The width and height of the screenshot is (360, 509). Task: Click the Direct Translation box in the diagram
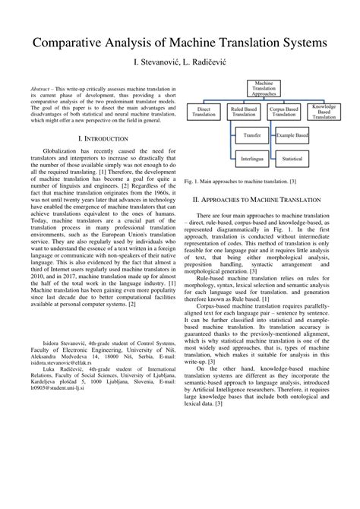204,112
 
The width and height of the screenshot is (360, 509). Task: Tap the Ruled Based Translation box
243,112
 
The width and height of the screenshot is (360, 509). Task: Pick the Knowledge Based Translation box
324,112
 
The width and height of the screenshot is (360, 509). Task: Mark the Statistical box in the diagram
291,161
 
